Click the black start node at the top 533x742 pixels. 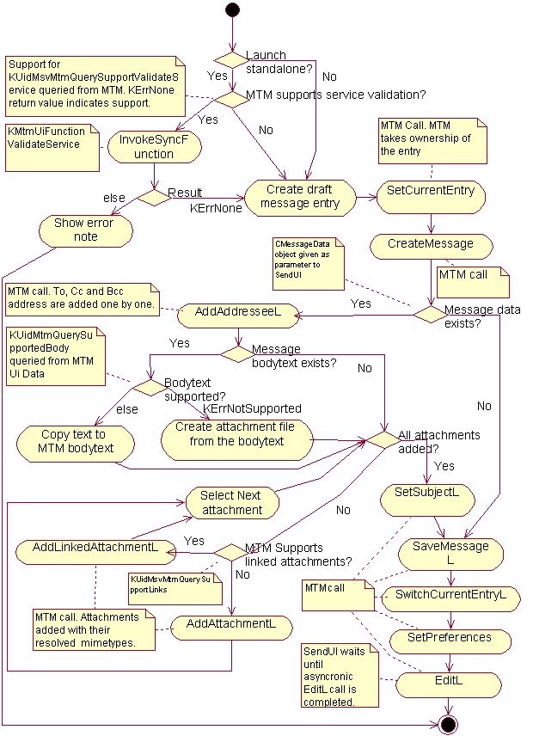(232, 9)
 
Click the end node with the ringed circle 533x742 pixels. (447, 724)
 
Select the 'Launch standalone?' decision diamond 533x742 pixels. (230, 60)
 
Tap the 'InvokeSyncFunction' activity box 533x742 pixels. (154, 147)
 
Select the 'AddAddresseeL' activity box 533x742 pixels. (238, 315)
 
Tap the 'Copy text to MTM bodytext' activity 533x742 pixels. (77, 441)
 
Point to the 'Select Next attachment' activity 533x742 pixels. (232, 502)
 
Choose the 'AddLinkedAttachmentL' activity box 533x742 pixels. (95, 549)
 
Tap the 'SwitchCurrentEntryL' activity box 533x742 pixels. (450, 595)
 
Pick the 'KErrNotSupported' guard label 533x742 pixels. (252, 408)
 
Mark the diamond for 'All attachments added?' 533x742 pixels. (383, 438)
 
